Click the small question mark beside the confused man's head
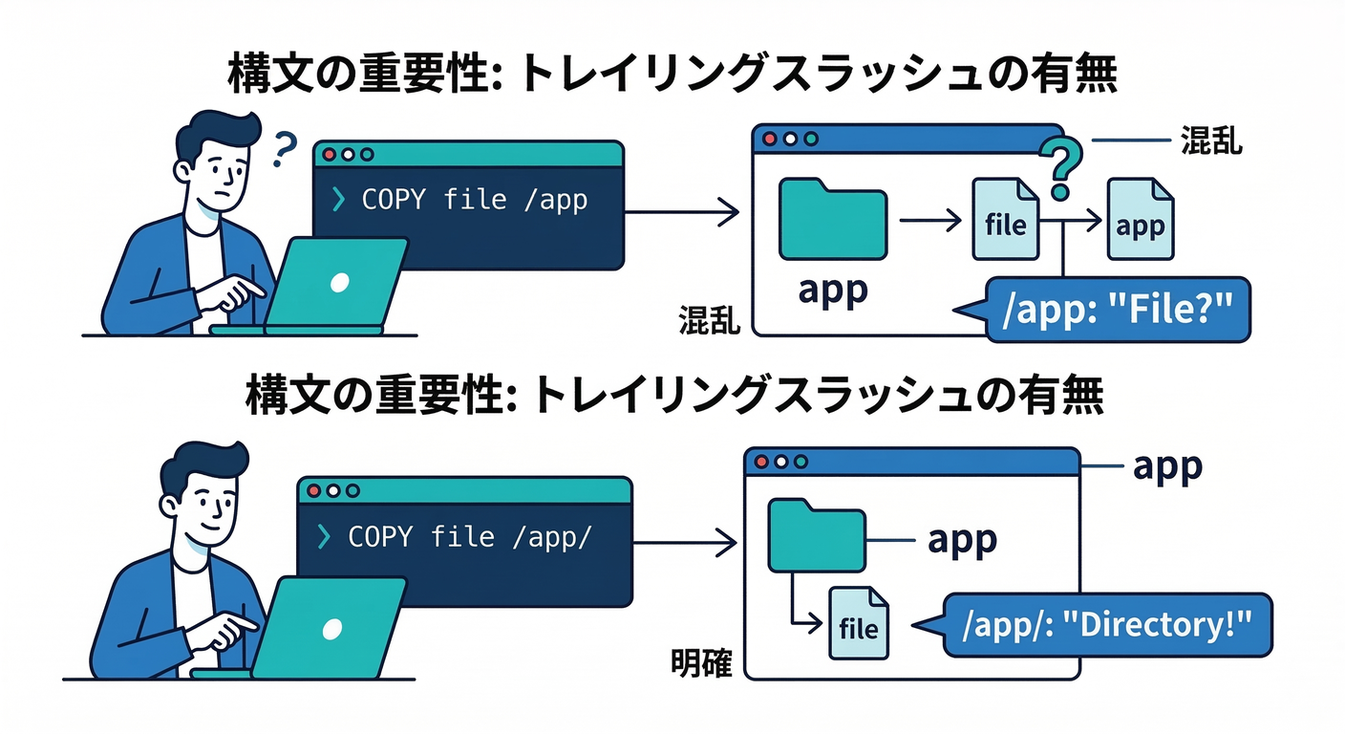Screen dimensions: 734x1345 coord(284,149)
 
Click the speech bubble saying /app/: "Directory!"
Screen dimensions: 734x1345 coord(1108,625)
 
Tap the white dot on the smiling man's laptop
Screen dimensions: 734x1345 coord(331,628)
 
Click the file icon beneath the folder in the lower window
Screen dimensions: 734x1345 coord(858,623)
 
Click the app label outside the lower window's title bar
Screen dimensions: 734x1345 coord(1166,466)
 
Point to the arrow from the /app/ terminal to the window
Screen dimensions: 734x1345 coord(683,544)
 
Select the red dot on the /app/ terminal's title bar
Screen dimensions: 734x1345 coord(314,490)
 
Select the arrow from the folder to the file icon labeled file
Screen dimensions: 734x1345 coord(931,222)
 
